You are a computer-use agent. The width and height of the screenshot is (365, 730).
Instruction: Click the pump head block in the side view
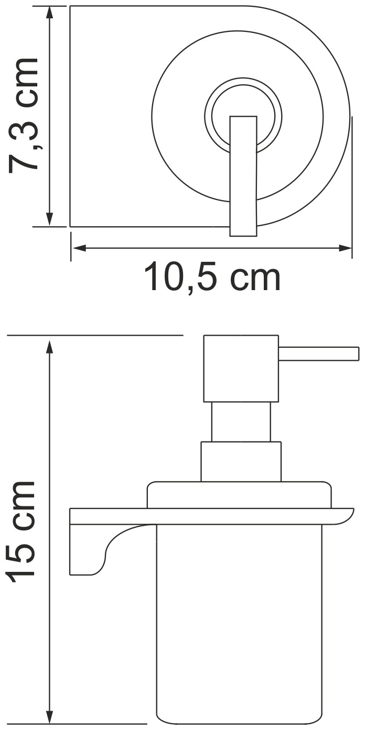pyautogui.click(x=241, y=368)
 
